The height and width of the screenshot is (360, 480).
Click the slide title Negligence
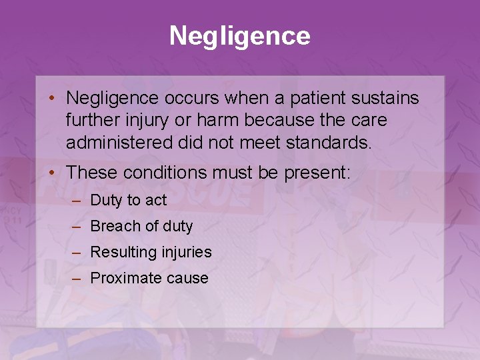pos(240,36)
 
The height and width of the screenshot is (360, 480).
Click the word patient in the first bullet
pos(323,99)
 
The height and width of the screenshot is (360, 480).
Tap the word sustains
pos(387,99)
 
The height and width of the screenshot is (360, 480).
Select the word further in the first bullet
pos(90,121)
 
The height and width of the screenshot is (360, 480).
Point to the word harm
pos(209,121)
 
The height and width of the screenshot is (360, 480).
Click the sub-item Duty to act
pos(128,200)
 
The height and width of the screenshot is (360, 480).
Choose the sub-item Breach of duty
pos(141,226)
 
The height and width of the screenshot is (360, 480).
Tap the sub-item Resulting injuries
pos(151,252)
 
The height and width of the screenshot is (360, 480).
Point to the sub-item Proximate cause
pos(149,278)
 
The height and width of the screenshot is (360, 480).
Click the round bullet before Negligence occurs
pos(51,99)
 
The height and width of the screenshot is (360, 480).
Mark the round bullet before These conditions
pos(51,173)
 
